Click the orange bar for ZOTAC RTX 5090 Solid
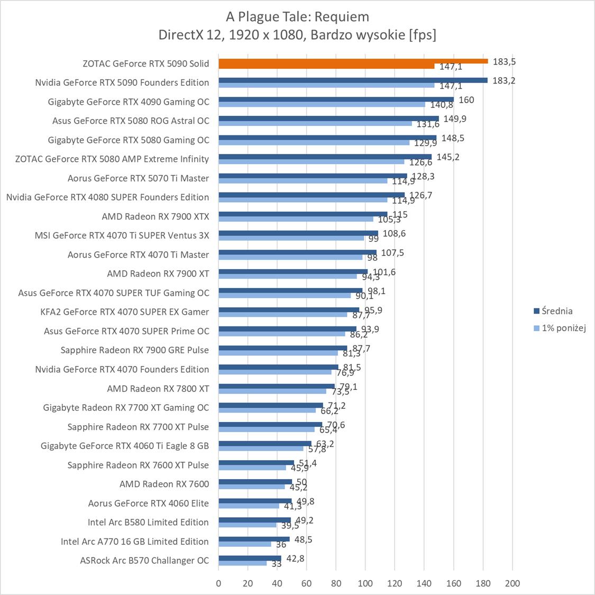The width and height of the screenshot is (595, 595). click(353, 61)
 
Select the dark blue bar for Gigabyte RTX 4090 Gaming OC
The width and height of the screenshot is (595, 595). click(336, 99)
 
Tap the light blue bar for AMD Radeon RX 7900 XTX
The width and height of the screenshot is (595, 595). click(296, 219)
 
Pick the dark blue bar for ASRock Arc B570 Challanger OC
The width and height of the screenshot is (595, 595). click(250, 558)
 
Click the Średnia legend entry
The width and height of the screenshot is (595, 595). click(553, 311)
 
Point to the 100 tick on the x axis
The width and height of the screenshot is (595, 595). click(365, 583)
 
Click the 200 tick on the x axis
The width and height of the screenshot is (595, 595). click(512, 583)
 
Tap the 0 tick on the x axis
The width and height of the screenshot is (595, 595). click(218, 583)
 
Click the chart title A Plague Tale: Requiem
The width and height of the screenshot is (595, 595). click(297, 17)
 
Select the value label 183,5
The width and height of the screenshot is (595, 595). click(504, 61)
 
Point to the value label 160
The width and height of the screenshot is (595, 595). click(466, 99)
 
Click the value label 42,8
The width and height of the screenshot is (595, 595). click(295, 559)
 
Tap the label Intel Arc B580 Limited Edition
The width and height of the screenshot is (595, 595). click(148, 522)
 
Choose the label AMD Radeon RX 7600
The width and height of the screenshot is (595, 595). click(164, 484)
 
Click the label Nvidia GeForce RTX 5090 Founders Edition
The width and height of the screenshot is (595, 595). click(122, 83)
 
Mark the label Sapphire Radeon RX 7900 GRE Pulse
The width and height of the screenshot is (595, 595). click(135, 350)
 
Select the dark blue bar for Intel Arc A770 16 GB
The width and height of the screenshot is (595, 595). click(254, 539)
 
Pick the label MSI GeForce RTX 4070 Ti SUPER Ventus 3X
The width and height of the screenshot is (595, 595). click(122, 235)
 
